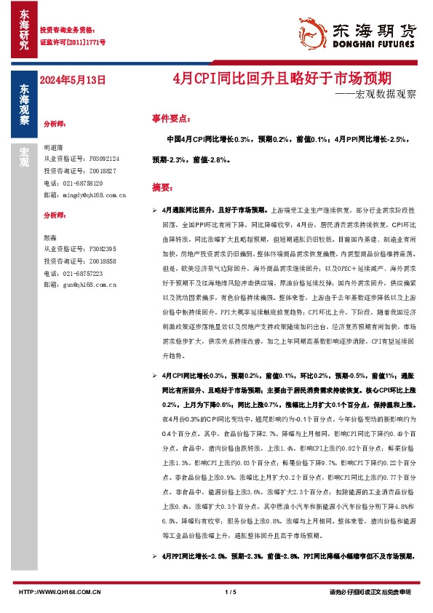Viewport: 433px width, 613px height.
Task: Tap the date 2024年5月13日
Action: pos(72,79)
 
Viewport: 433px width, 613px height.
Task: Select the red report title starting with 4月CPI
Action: pos(287,77)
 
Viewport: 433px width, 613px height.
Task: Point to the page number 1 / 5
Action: pos(232,593)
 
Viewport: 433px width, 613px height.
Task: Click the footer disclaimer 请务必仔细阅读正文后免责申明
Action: pos(370,593)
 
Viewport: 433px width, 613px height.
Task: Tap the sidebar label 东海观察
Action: pos(24,106)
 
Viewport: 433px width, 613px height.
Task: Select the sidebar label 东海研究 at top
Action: pos(24,29)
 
